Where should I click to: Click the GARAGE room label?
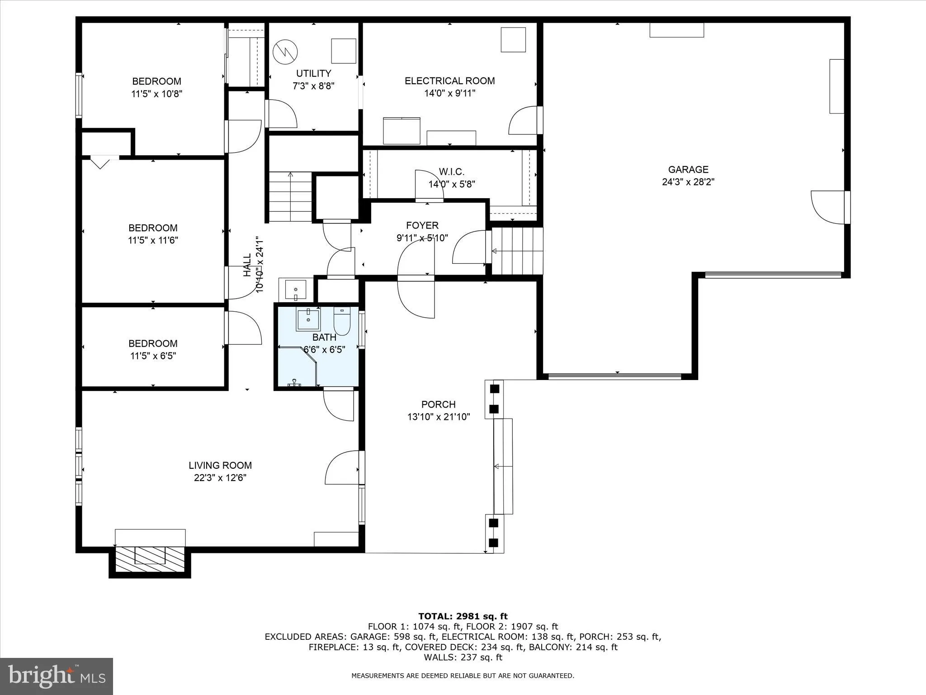(688, 170)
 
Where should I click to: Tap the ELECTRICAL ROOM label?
(449, 81)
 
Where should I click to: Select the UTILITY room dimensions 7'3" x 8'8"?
(313, 86)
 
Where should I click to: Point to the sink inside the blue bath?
(308, 320)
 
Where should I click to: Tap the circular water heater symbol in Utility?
(285, 52)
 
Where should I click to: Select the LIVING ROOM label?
(220, 466)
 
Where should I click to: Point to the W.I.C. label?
(451, 172)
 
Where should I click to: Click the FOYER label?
(422, 225)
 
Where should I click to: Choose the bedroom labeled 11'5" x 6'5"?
(153, 349)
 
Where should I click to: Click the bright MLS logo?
(57, 676)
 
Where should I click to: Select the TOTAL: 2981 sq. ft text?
(463, 616)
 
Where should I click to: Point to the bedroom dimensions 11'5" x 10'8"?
(156, 94)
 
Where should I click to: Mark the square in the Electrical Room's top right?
(513, 40)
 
